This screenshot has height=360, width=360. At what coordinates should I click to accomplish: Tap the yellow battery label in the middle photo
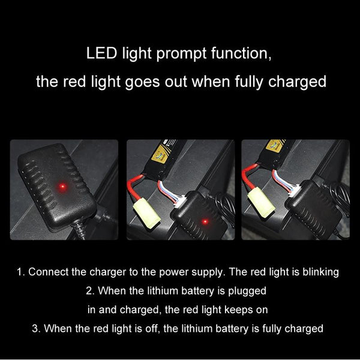coord(161,154)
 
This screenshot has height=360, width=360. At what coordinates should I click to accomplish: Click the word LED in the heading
coord(100,55)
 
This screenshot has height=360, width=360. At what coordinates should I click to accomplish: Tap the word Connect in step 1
coord(49,272)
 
